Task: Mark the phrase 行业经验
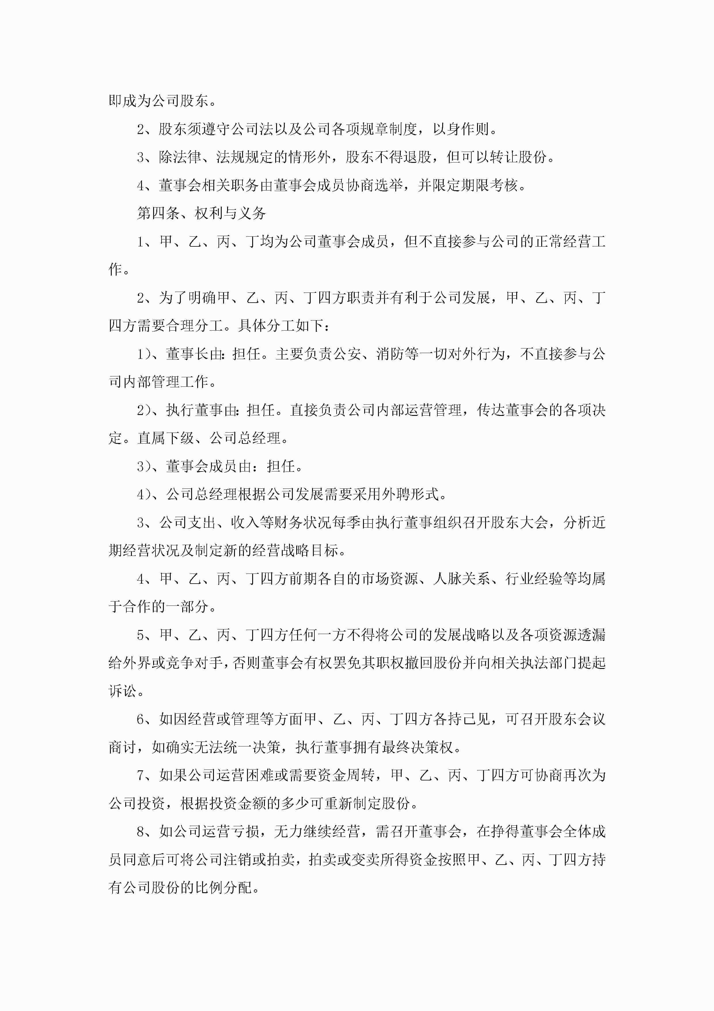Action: (x=534, y=579)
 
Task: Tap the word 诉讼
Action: (x=123, y=691)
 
